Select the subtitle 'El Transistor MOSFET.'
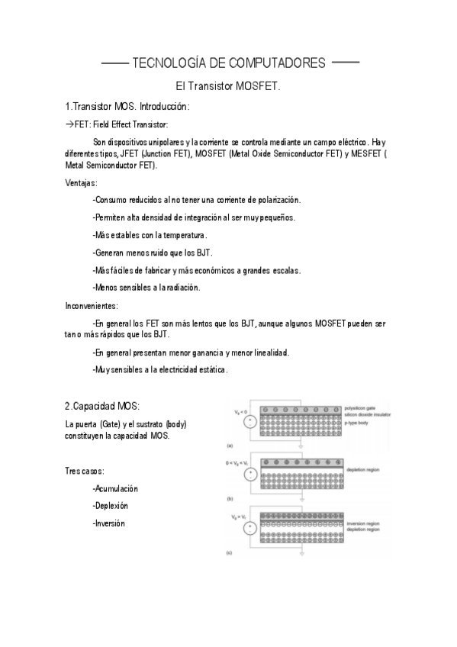click(x=228, y=86)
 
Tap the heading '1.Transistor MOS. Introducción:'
click(x=127, y=106)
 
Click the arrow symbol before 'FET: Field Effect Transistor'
click(x=69, y=124)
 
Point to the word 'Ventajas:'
click(x=82, y=182)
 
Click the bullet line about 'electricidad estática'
click(x=159, y=369)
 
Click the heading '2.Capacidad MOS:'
click(x=102, y=404)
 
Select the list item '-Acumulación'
click(x=115, y=488)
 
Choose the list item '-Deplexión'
click(x=110, y=506)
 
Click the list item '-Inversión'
click(x=108, y=523)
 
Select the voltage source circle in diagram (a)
click(x=249, y=423)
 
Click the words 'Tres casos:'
click(x=85, y=471)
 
